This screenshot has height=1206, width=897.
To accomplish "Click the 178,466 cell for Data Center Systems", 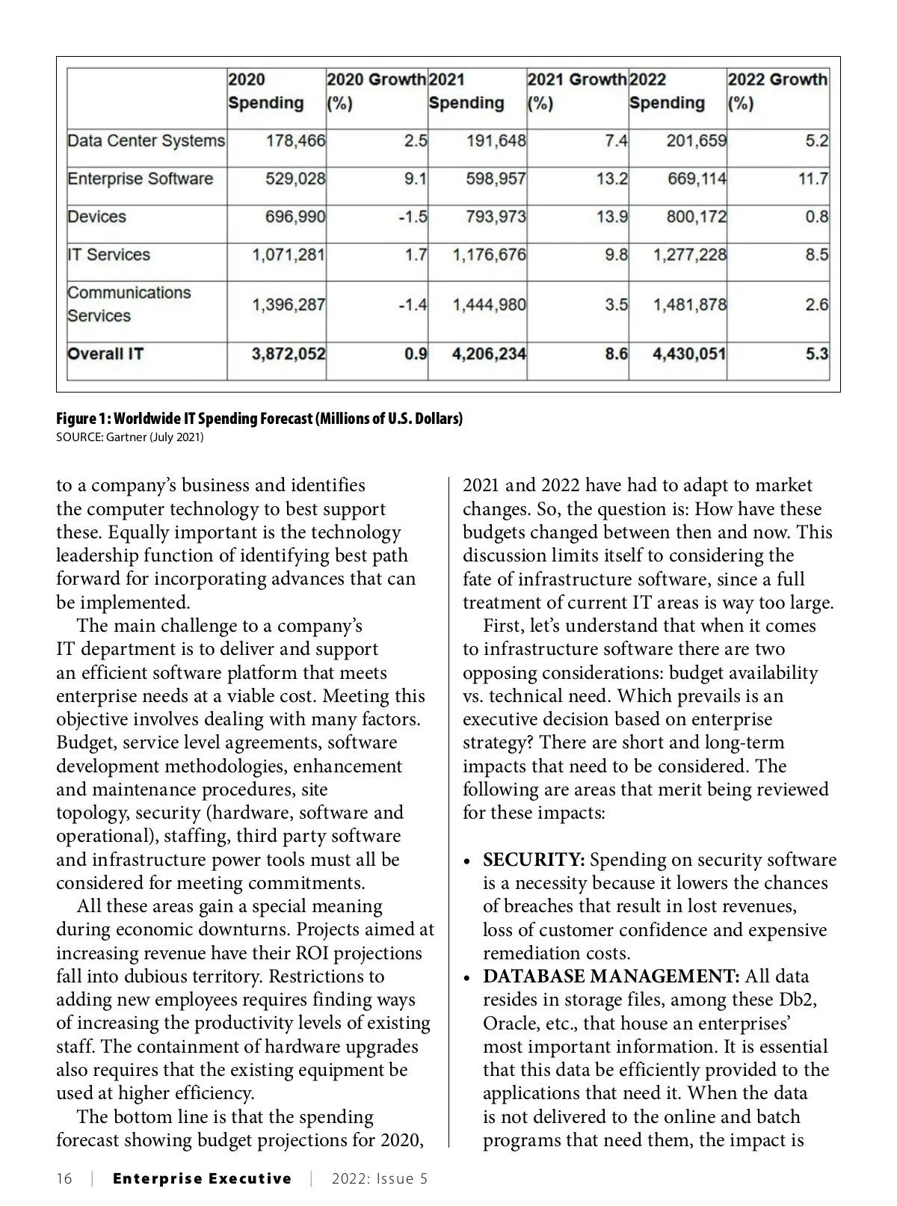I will pyautogui.click(x=296, y=141).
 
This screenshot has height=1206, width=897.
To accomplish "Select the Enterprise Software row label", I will pyautogui.click(x=141, y=179).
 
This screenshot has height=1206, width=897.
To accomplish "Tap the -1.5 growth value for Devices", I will pyautogui.click(x=413, y=217).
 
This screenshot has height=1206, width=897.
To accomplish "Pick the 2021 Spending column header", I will pyautogui.click(x=466, y=91).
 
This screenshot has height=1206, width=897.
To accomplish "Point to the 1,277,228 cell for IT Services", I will pyautogui.click(x=689, y=255).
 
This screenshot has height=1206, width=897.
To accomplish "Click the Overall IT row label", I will pyautogui.click(x=105, y=354).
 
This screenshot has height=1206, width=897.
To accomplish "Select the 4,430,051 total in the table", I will pyautogui.click(x=688, y=354).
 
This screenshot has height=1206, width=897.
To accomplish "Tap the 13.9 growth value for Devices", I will pyautogui.click(x=612, y=217).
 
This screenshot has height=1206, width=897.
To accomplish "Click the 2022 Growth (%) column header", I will pyautogui.click(x=777, y=91).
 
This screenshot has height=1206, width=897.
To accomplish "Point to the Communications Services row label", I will pyautogui.click(x=129, y=304).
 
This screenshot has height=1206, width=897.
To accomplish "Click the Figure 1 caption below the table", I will pyautogui.click(x=259, y=419).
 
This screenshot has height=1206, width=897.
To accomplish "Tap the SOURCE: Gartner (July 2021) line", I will pyautogui.click(x=130, y=437).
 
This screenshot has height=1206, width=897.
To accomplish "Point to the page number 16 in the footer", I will pyautogui.click(x=64, y=1179).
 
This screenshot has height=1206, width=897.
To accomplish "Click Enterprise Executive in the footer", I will pyautogui.click(x=202, y=1179).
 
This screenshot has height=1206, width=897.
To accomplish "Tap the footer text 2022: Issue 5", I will pyautogui.click(x=380, y=1179).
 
